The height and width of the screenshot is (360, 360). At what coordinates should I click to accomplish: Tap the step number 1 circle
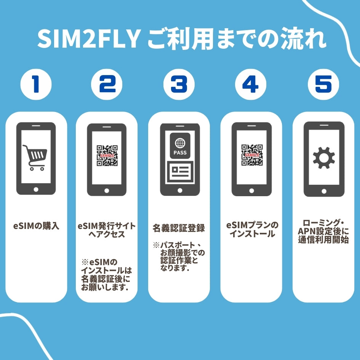[36, 84]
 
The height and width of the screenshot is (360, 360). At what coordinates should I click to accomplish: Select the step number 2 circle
[107, 84]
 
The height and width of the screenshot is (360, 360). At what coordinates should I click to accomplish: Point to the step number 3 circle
[179, 84]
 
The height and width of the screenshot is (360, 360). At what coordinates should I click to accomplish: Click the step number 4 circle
[250, 84]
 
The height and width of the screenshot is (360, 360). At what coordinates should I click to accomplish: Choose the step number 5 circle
[323, 84]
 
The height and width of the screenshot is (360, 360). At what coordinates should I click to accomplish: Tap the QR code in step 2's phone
[107, 155]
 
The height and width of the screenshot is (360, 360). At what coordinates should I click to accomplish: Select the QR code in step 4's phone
[251, 155]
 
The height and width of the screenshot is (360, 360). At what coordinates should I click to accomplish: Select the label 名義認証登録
[179, 228]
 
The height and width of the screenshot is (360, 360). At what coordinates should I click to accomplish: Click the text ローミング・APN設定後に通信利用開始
[323, 232]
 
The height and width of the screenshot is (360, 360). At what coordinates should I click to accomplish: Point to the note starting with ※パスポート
[179, 256]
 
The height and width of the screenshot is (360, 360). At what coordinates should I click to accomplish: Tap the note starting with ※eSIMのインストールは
[107, 274]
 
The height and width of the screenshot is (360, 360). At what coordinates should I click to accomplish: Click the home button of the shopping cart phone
[36, 189]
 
